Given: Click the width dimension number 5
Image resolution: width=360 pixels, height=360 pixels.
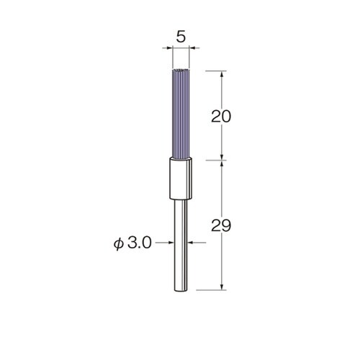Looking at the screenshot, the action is [181, 37].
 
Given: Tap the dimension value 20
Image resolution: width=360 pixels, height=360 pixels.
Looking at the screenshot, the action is [221, 117].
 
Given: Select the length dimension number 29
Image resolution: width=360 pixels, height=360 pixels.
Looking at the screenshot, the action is [221, 225].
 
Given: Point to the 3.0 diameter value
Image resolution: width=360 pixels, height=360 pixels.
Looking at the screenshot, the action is [140, 243].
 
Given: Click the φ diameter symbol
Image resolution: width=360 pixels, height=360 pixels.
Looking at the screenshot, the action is [119, 244].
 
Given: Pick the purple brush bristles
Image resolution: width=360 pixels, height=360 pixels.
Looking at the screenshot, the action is [181, 113].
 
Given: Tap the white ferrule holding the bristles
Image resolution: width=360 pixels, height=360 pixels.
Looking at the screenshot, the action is [181, 179].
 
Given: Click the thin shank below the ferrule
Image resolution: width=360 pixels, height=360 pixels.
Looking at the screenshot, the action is [181, 246].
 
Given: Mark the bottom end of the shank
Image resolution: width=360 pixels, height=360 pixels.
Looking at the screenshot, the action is [181, 292].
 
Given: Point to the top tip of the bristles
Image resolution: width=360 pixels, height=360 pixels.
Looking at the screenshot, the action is [181, 69].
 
